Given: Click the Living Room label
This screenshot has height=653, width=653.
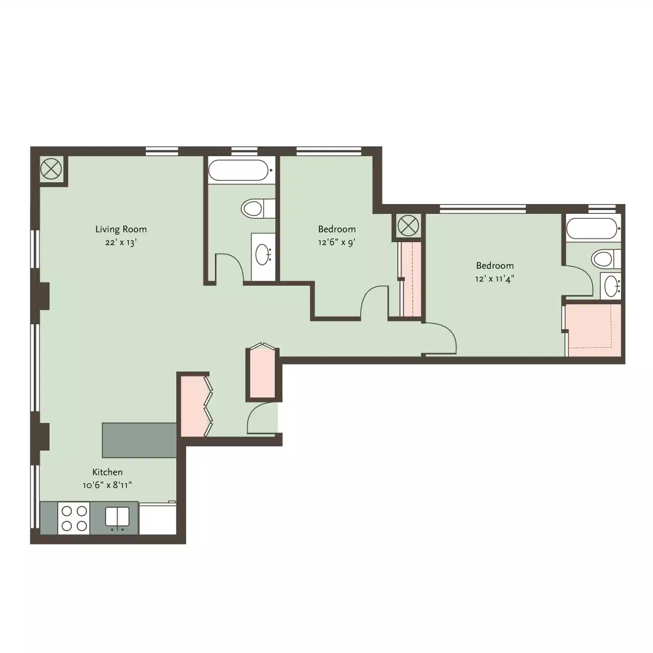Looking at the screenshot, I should pyautogui.click(x=121, y=229).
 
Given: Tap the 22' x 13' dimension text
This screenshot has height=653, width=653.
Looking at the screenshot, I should pyautogui.click(x=121, y=243).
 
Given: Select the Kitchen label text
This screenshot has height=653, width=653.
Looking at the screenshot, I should pyautogui.click(x=107, y=472).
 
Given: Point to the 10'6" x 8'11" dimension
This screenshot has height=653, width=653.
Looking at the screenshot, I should pyautogui.click(x=107, y=485).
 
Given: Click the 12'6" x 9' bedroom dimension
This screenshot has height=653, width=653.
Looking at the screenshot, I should pyautogui.click(x=337, y=243).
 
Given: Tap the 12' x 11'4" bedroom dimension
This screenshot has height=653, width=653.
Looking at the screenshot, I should pyautogui.click(x=495, y=280).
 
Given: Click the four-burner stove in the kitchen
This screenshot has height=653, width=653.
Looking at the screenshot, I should pyautogui.click(x=74, y=518).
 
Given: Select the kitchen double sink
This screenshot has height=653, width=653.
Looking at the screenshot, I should pyautogui.click(x=117, y=518).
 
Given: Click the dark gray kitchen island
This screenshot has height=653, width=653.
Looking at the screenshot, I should pyautogui.click(x=139, y=440).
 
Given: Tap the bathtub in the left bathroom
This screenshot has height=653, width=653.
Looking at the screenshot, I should pyautogui.click(x=239, y=170).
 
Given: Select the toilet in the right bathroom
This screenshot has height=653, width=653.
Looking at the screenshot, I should pyautogui.click(x=605, y=258).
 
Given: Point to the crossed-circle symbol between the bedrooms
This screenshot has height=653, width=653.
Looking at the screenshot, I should pyautogui.click(x=408, y=225).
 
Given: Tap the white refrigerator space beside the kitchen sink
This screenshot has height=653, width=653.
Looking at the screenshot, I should pyautogui.click(x=157, y=518).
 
